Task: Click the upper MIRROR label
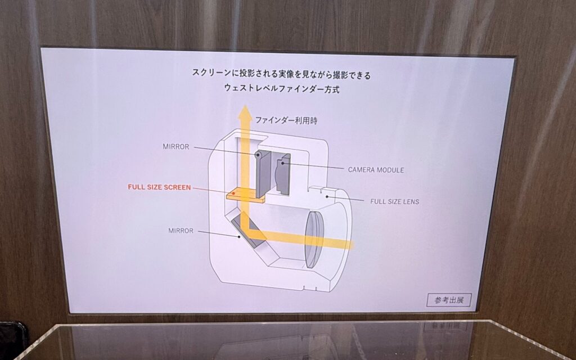coord(176,147)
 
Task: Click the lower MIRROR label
coord(181,231)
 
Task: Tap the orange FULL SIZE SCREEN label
coord(159,187)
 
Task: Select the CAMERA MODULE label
coord(376,170)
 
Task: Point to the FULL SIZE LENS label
coord(394,202)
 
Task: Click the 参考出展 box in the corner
coord(449,300)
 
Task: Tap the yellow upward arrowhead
coord(245,112)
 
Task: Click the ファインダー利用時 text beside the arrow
coord(286,120)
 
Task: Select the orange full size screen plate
coord(245,195)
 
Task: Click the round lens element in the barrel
coord(314,239)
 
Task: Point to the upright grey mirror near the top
coord(263,173)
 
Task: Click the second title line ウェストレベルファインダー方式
coord(282,88)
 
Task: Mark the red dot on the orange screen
coord(233,193)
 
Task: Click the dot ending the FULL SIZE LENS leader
coord(327,196)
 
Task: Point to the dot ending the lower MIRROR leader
coord(239,237)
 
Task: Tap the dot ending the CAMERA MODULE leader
coord(282,162)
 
